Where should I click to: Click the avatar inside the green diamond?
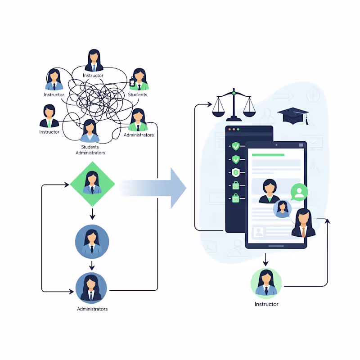click(92, 183)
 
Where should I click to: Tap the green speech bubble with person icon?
click(299, 192)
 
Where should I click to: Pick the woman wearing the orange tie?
click(304, 224)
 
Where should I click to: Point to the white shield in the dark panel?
click(236, 171)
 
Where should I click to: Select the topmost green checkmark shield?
click(236, 146)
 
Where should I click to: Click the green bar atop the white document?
click(268, 155)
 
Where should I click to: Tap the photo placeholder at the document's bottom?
click(259, 232)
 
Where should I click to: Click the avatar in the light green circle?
click(266, 283)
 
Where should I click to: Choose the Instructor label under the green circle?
click(266, 304)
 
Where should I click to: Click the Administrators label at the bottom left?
click(92, 309)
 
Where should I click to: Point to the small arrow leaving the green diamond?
click(92, 213)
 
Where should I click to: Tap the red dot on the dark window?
click(229, 130)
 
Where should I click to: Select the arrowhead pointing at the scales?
click(209, 105)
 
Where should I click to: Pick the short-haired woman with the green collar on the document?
click(269, 191)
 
